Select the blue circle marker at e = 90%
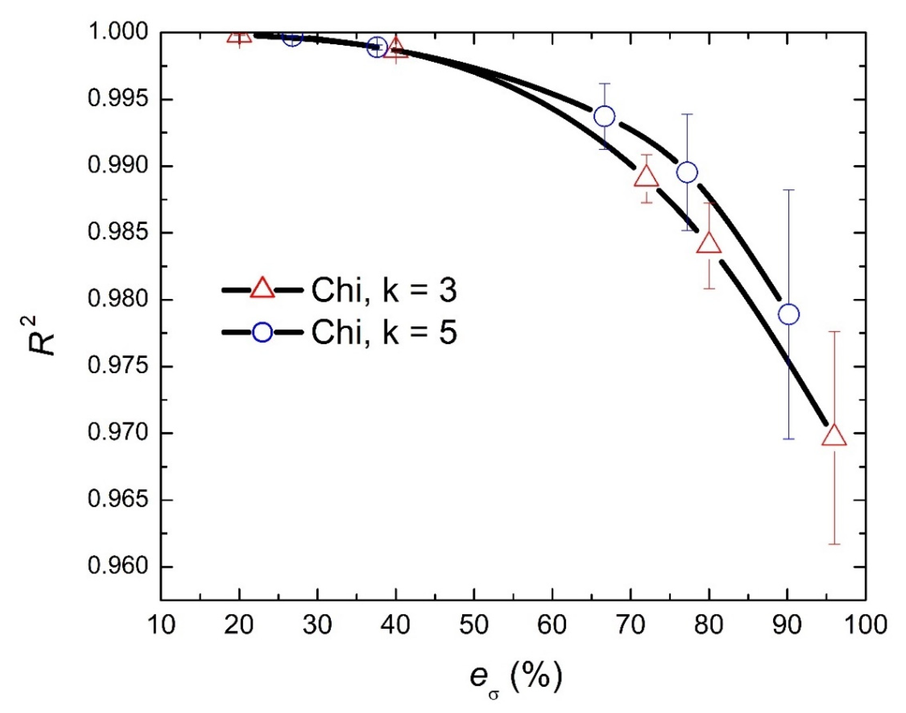click(x=788, y=314)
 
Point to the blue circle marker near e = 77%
click(x=687, y=172)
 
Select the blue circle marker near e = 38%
click(x=377, y=47)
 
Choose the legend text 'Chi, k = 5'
click(x=384, y=333)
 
